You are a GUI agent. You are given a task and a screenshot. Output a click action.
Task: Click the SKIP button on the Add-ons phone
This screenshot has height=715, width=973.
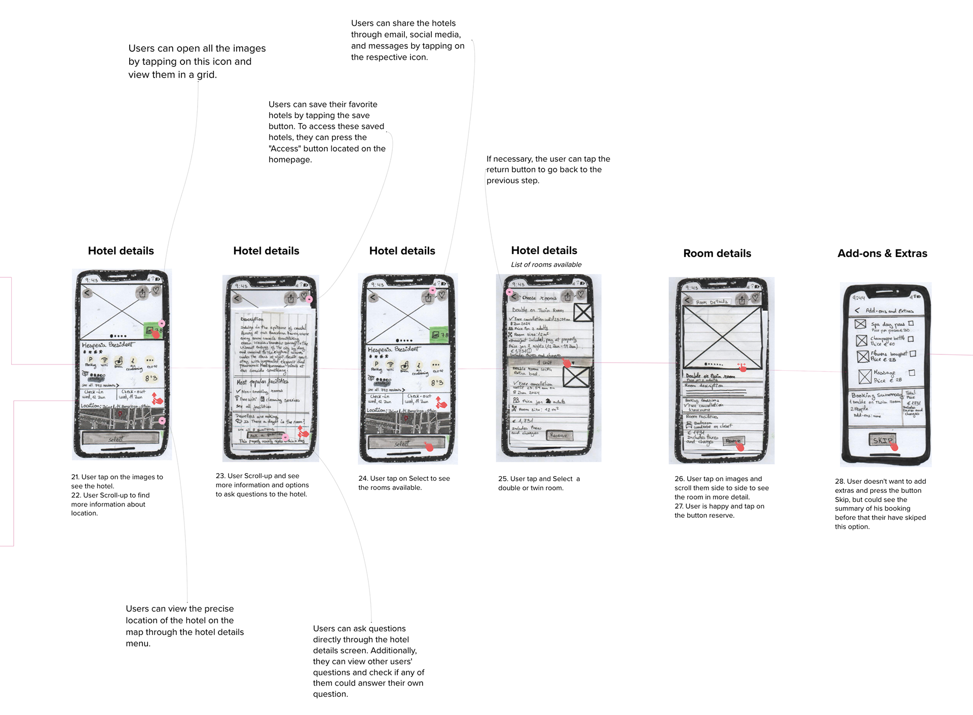click(x=882, y=440)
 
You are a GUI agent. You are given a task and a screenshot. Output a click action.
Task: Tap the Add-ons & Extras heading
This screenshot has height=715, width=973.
click(x=882, y=254)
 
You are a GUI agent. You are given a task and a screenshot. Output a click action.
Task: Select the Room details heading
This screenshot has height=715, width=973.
click(x=717, y=254)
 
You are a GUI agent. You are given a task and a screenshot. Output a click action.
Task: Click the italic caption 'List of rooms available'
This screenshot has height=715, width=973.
click(x=546, y=265)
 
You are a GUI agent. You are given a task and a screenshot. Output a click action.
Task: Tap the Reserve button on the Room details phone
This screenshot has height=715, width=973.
click(x=733, y=441)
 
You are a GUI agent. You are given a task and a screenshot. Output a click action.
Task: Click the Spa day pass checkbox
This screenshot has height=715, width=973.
click(x=911, y=324)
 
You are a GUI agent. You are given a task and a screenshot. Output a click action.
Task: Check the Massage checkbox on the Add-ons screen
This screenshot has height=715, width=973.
click(x=912, y=373)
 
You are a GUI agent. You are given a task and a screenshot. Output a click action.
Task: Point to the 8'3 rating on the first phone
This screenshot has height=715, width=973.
click(x=151, y=378)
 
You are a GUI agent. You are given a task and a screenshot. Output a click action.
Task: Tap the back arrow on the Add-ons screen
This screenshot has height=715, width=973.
click(x=857, y=310)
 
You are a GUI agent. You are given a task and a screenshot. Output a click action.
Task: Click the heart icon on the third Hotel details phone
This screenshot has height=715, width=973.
click(x=441, y=295)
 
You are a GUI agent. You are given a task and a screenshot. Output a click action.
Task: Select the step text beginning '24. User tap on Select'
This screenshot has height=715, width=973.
click(x=404, y=483)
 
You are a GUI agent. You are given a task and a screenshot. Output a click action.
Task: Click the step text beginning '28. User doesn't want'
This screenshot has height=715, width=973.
click(x=880, y=504)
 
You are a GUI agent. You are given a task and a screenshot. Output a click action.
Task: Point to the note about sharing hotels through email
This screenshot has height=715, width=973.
click(x=407, y=40)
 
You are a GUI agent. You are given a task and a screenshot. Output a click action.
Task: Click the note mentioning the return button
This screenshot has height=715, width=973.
click(x=548, y=169)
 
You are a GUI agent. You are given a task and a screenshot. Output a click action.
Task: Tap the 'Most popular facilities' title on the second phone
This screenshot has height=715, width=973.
click(x=262, y=382)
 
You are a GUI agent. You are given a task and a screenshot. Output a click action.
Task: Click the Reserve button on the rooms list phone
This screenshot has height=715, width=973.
click(x=558, y=436)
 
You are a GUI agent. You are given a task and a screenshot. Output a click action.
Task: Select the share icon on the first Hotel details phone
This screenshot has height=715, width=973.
click(x=142, y=293)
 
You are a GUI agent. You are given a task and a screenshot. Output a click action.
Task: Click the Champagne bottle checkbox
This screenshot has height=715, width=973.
click(x=911, y=339)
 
